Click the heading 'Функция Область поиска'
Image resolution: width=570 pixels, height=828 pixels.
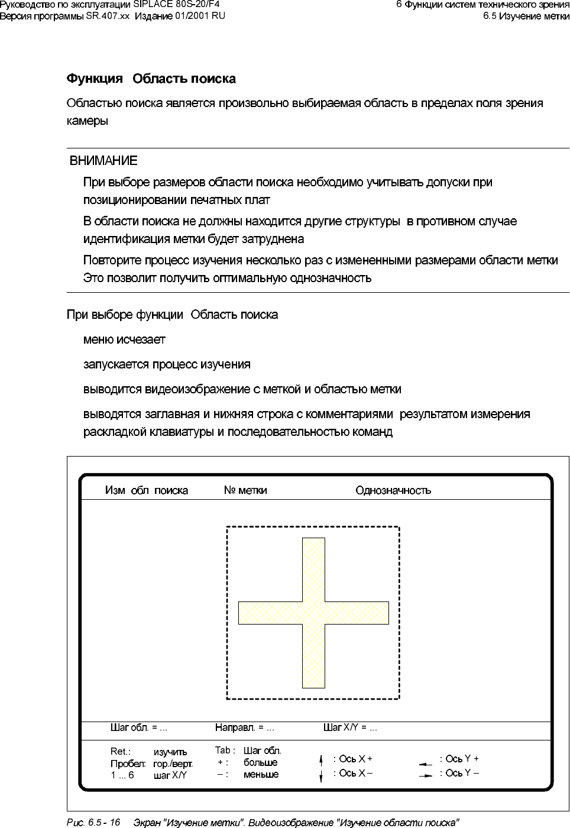151,79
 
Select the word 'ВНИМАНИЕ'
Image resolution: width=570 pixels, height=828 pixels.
103,161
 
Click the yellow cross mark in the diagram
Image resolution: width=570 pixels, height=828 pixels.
313,613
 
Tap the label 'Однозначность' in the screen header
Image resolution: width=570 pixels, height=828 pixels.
393,490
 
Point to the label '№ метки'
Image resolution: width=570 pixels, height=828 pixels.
245,490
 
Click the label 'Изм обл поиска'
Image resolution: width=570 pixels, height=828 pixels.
147,490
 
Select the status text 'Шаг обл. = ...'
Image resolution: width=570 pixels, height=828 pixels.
139,727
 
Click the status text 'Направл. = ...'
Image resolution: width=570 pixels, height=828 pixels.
244,727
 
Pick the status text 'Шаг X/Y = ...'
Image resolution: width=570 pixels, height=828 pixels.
350,727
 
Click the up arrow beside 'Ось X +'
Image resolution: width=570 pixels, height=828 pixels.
321,759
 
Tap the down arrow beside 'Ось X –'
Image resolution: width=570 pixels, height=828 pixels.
321,775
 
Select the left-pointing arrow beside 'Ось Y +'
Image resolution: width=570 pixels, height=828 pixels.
426,764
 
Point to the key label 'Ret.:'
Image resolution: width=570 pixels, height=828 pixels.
121,752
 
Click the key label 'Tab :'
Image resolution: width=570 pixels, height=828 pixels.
225,751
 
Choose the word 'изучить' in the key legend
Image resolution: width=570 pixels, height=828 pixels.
170,752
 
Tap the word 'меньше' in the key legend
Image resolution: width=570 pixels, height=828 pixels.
261,774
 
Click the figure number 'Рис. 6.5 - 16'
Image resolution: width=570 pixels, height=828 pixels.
93,822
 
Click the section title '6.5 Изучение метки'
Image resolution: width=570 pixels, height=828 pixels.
526,16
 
